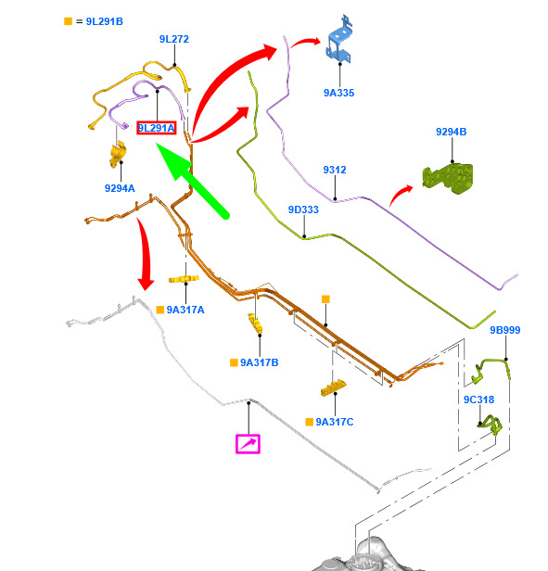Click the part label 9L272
coord(174,39)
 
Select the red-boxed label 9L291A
coord(157,128)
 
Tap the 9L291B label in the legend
coord(104,21)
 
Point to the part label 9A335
coord(338,93)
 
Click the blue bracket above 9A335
coord(339,40)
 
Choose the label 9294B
coord(451,132)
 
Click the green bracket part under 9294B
coord(449,178)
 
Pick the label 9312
coord(335,170)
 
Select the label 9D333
coord(303,209)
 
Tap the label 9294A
coord(120,188)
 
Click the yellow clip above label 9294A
coord(118,155)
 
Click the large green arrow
coord(192,180)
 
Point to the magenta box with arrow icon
coord(248,444)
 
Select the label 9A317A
coord(185,310)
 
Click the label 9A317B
coord(259,362)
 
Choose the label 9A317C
coord(335,422)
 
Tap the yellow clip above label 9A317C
coord(333,387)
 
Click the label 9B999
coord(505,330)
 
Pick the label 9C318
coord(478,400)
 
